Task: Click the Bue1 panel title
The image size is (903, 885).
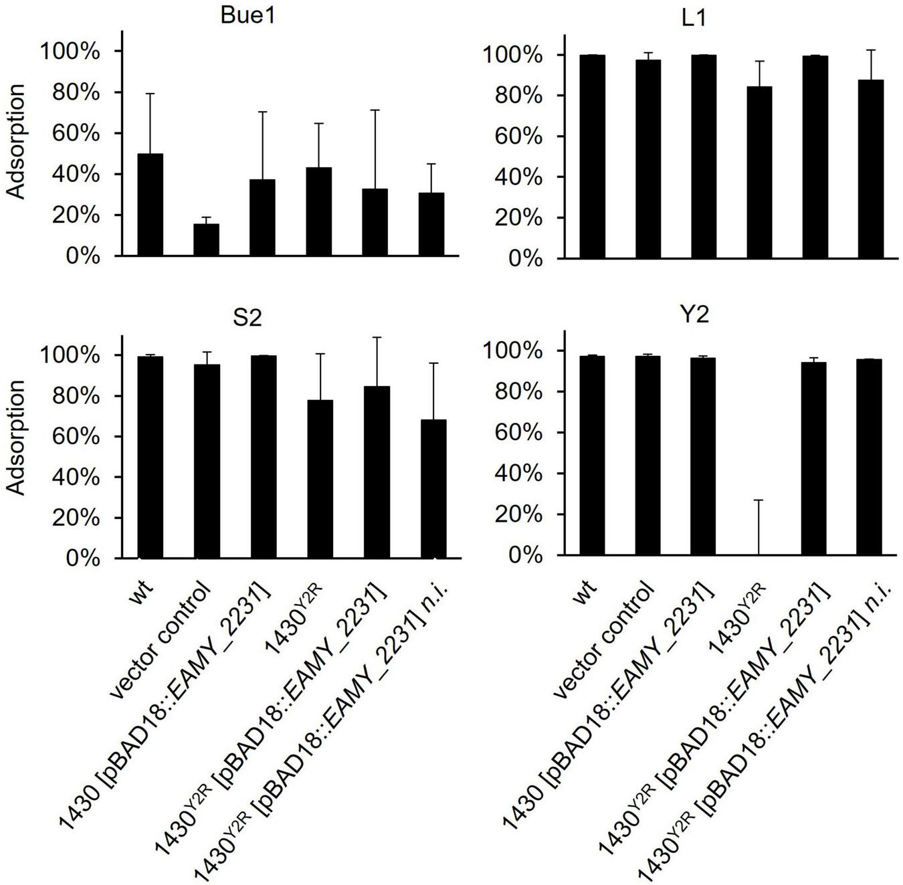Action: tap(248, 16)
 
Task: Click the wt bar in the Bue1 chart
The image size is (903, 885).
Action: tap(150, 205)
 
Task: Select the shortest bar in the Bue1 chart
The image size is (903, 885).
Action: tap(206, 239)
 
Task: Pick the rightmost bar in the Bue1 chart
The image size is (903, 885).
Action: tap(431, 224)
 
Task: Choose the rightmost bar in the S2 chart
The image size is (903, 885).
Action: tap(433, 488)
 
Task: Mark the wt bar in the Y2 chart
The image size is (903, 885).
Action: tap(592, 456)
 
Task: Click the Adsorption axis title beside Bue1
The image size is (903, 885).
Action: tap(17, 141)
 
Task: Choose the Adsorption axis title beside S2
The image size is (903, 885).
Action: tap(17, 437)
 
